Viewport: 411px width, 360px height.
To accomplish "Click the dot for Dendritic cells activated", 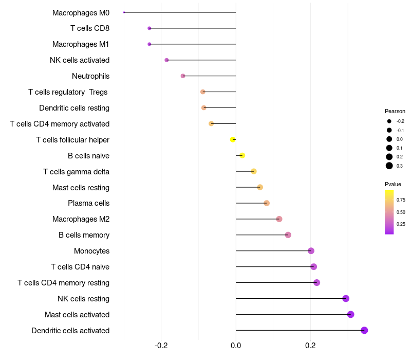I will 364,330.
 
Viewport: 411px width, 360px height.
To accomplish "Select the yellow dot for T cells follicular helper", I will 233,139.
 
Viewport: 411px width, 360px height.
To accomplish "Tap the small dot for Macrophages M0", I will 124,12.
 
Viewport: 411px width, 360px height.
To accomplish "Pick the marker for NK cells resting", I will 346,298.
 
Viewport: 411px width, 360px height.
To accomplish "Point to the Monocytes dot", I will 311,251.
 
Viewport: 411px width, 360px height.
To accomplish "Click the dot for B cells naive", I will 242,155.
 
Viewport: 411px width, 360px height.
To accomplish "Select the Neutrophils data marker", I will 183,76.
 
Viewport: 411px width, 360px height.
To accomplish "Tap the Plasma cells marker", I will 266,203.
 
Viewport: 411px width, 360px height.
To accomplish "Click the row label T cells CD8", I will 90,28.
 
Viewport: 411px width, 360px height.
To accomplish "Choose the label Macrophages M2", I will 81,219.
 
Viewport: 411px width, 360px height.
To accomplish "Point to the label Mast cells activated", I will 77,314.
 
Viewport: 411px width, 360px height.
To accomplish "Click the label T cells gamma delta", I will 76,171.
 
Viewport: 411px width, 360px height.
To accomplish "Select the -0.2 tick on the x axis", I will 161,345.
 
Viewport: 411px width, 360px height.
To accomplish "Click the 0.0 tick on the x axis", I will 236,345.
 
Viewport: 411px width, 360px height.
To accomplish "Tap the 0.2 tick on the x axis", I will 310,345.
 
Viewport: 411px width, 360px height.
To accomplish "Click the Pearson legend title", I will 395,111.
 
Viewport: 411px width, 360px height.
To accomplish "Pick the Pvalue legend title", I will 393,184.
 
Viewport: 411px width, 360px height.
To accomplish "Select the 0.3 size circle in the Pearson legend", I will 389,166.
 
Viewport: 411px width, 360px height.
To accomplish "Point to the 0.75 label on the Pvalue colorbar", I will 401,200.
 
